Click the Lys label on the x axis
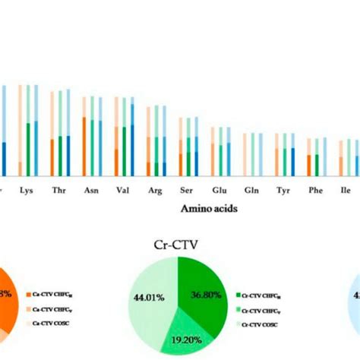(26, 191)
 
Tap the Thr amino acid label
(58, 191)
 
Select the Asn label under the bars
(91, 191)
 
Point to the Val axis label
(122, 191)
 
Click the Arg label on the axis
(155, 191)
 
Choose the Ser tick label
(186, 191)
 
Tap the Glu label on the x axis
(219, 191)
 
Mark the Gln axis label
(251, 191)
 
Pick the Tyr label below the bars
(283, 191)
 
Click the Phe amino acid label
(314, 191)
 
